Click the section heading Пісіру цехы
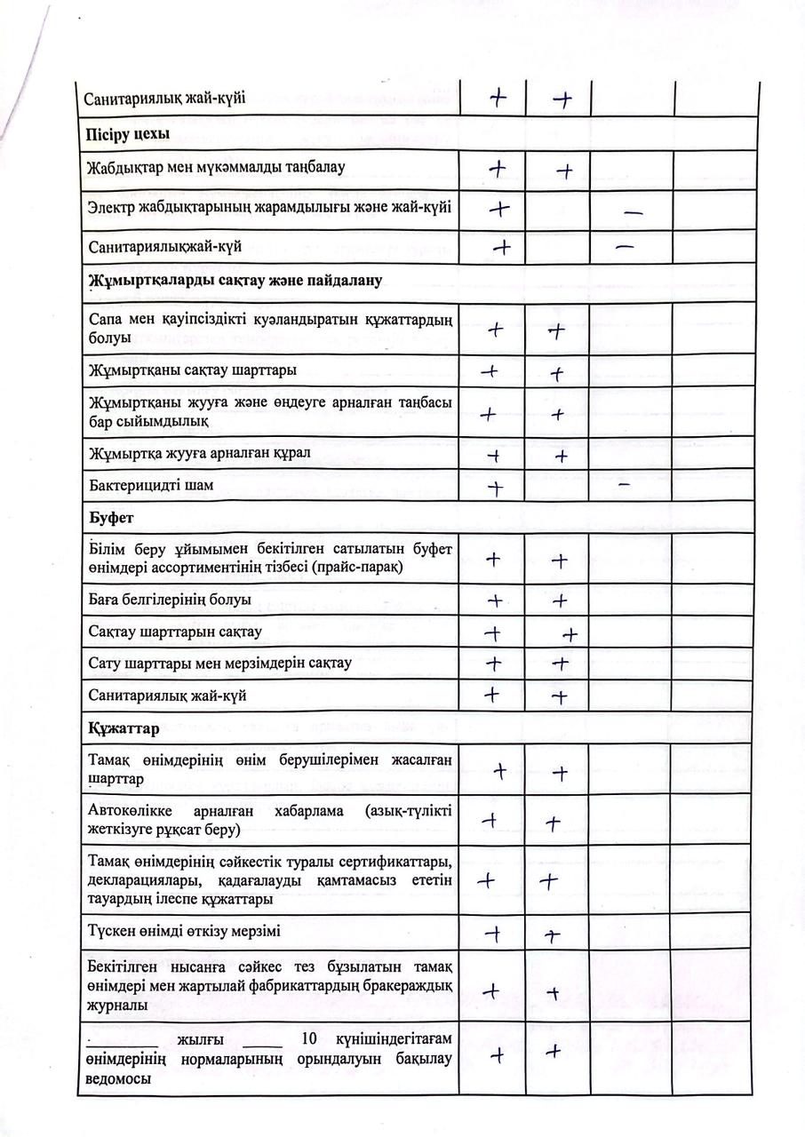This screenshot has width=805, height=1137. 128,134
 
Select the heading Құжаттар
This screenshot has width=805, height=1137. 124,729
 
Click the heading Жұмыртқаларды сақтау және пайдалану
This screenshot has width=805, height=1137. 235,281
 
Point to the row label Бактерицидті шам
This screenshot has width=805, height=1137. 151,486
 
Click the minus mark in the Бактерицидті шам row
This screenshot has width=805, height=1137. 624,484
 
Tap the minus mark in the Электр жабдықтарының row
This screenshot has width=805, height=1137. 634,213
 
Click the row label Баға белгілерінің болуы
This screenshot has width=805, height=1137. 170,600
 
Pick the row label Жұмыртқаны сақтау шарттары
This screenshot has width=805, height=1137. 193,370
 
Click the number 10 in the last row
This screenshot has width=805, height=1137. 309,1039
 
